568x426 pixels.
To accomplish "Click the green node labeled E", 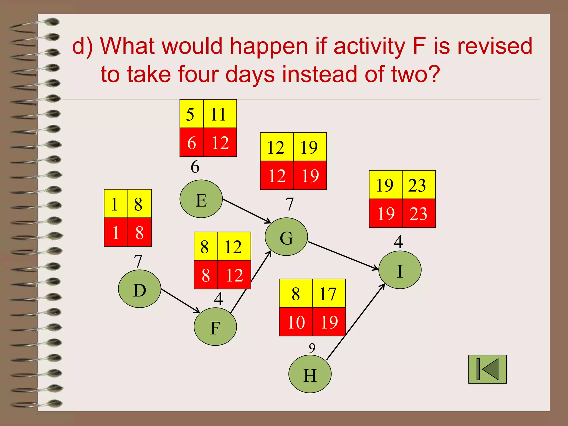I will pos(201,199).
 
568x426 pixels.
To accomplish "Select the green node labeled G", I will pos(286,237).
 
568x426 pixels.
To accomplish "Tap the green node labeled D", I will pos(140,289).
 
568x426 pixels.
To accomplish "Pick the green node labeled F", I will pos(215,327).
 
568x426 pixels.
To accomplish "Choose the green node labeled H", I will pos(310,374).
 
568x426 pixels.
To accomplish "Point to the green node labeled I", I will pos(400,270).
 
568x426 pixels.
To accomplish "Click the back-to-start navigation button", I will pos(487,369).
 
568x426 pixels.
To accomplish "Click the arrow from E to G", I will pos(247,211).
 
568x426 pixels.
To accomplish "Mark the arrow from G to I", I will pos(343,255).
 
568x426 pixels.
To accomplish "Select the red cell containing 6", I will pos(192,142).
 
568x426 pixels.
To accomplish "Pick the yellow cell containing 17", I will pos(329,293).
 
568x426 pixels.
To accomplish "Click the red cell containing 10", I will pos(296,322).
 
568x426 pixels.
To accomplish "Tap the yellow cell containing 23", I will pos(419,185).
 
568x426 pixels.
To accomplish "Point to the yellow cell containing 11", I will pos(220,114).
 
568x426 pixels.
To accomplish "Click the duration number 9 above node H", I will pos(312,348).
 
